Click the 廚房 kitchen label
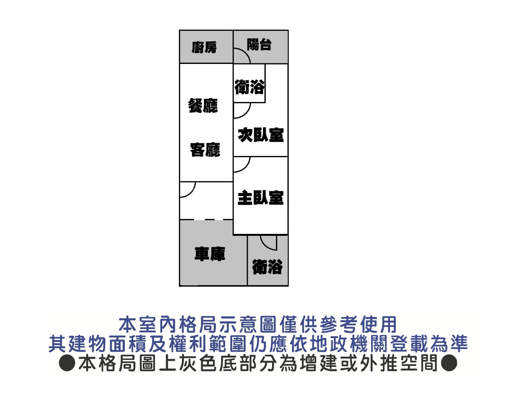click(204, 47)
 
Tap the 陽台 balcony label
click(259, 44)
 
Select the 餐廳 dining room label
click(203, 105)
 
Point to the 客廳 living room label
click(205, 150)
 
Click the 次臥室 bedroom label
click(261, 135)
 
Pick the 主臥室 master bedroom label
click(261, 198)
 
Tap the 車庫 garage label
click(210, 254)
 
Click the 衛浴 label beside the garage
click(267, 267)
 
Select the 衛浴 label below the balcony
click(249, 87)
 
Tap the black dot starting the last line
click(67, 363)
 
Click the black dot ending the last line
click(449, 363)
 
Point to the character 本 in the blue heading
click(127, 324)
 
